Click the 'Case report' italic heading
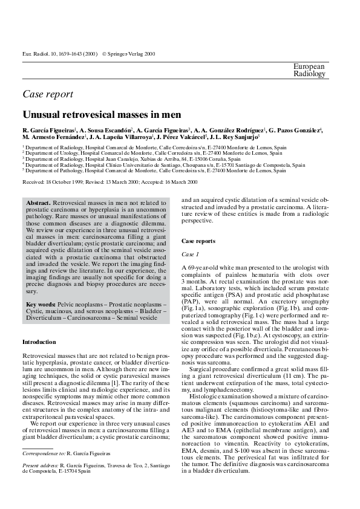pos(48,94)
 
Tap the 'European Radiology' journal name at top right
pos(309,70)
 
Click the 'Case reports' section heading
pos(198,241)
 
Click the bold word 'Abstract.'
pos(39,201)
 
